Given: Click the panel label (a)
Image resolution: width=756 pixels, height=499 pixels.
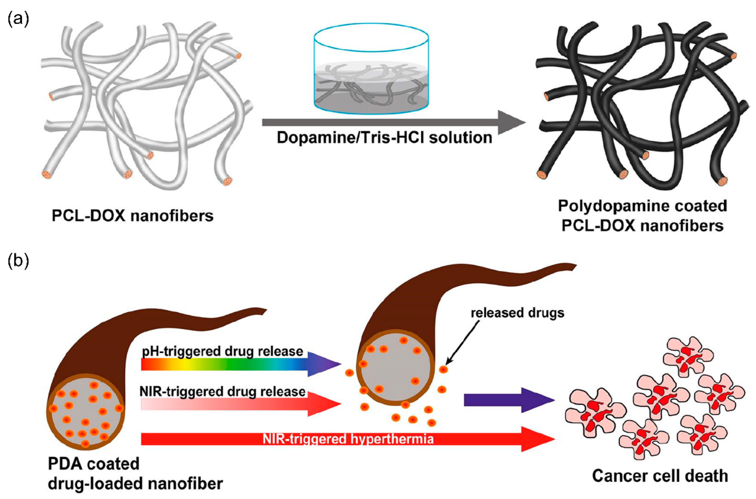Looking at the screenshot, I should (x=18, y=19).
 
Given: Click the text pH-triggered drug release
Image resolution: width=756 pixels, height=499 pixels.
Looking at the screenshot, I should (x=223, y=351).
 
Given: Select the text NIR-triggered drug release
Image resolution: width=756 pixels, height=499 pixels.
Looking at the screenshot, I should (x=223, y=391).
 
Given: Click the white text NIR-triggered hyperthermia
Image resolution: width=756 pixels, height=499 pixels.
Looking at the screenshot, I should (x=348, y=439).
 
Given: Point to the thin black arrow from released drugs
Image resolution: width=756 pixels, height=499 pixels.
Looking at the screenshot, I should (x=463, y=342).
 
